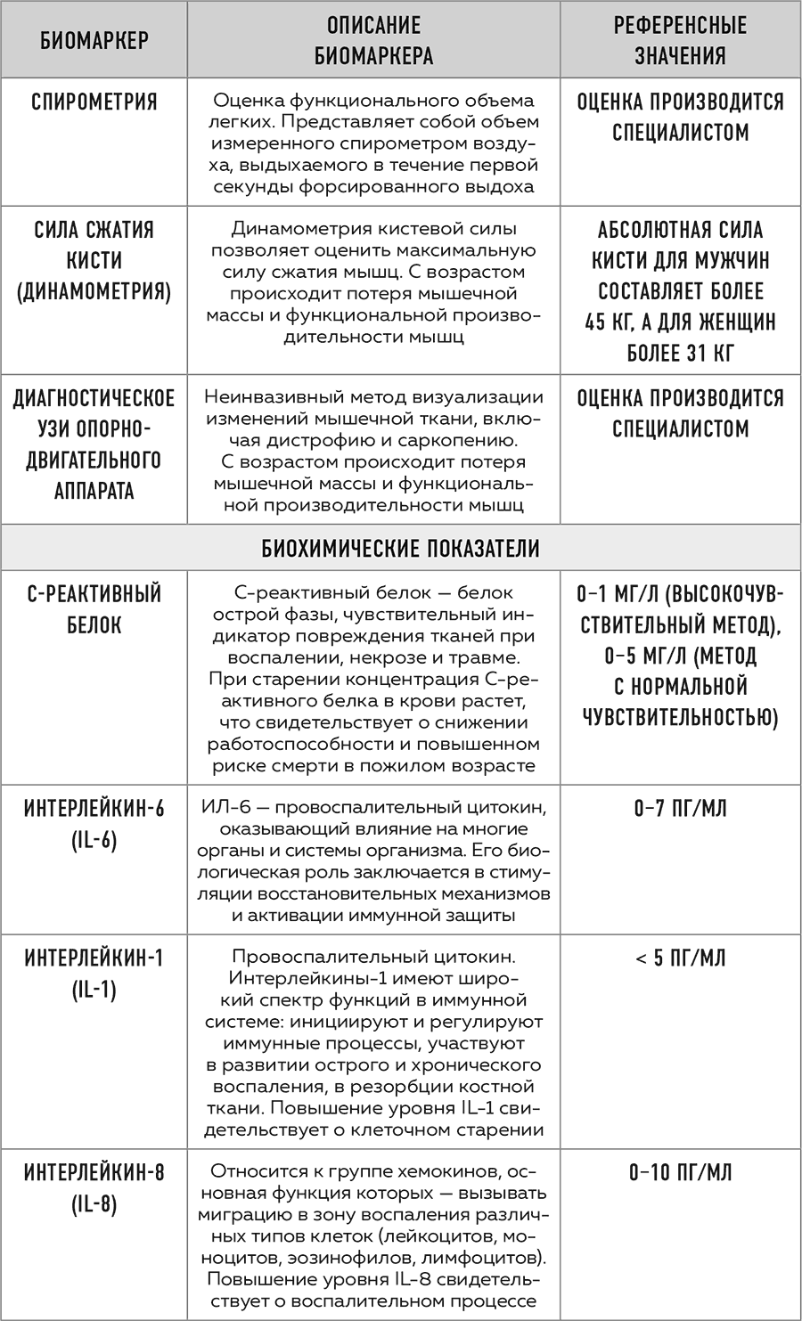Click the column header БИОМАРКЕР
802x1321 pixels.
(x=94, y=40)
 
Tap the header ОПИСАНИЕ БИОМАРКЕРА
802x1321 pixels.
(x=373, y=40)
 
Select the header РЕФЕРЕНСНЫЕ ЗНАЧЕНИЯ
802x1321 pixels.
(x=680, y=40)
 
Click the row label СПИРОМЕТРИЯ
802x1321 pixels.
(x=94, y=102)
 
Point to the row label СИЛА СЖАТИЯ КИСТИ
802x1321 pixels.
(x=94, y=260)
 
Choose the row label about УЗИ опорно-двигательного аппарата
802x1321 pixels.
(x=94, y=444)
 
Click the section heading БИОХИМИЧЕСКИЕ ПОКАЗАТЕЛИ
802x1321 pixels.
(x=400, y=548)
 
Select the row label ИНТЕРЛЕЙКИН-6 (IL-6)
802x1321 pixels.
(x=94, y=824)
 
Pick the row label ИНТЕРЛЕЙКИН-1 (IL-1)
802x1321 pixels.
(x=94, y=974)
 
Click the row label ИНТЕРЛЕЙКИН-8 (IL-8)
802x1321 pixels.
(x=94, y=1188)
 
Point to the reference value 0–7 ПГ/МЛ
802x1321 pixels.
(x=680, y=809)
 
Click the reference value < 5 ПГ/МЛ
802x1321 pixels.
(x=680, y=958)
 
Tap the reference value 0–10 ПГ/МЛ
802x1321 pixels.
(x=680, y=1172)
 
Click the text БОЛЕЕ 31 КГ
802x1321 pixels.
(x=680, y=353)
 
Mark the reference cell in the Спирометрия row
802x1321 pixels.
(x=680, y=117)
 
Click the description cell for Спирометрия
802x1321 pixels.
(x=373, y=143)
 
